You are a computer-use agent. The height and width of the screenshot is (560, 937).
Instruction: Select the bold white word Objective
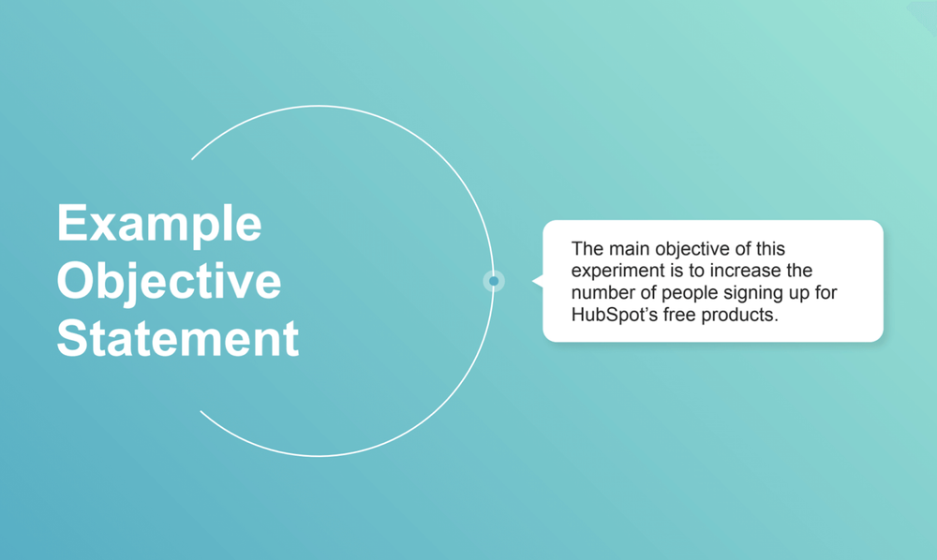coord(169,281)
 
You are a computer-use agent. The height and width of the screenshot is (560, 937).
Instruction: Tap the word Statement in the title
coord(178,338)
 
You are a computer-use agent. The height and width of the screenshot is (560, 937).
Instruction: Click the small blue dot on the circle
coord(494,281)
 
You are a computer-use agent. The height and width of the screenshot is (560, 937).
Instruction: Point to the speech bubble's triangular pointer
coord(537,281)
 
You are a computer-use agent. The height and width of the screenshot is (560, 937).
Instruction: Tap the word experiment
coord(617,271)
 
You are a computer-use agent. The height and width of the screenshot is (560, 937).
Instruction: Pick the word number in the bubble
coord(601,293)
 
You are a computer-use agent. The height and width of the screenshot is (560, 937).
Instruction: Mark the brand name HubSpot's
coord(611,315)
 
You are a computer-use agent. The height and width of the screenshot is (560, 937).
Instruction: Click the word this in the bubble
coord(770,249)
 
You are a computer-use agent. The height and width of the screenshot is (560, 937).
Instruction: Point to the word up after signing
coord(796,293)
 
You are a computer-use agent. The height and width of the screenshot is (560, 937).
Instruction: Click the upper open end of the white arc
coord(193,158)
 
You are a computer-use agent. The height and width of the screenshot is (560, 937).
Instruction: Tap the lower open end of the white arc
coord(201,411)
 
